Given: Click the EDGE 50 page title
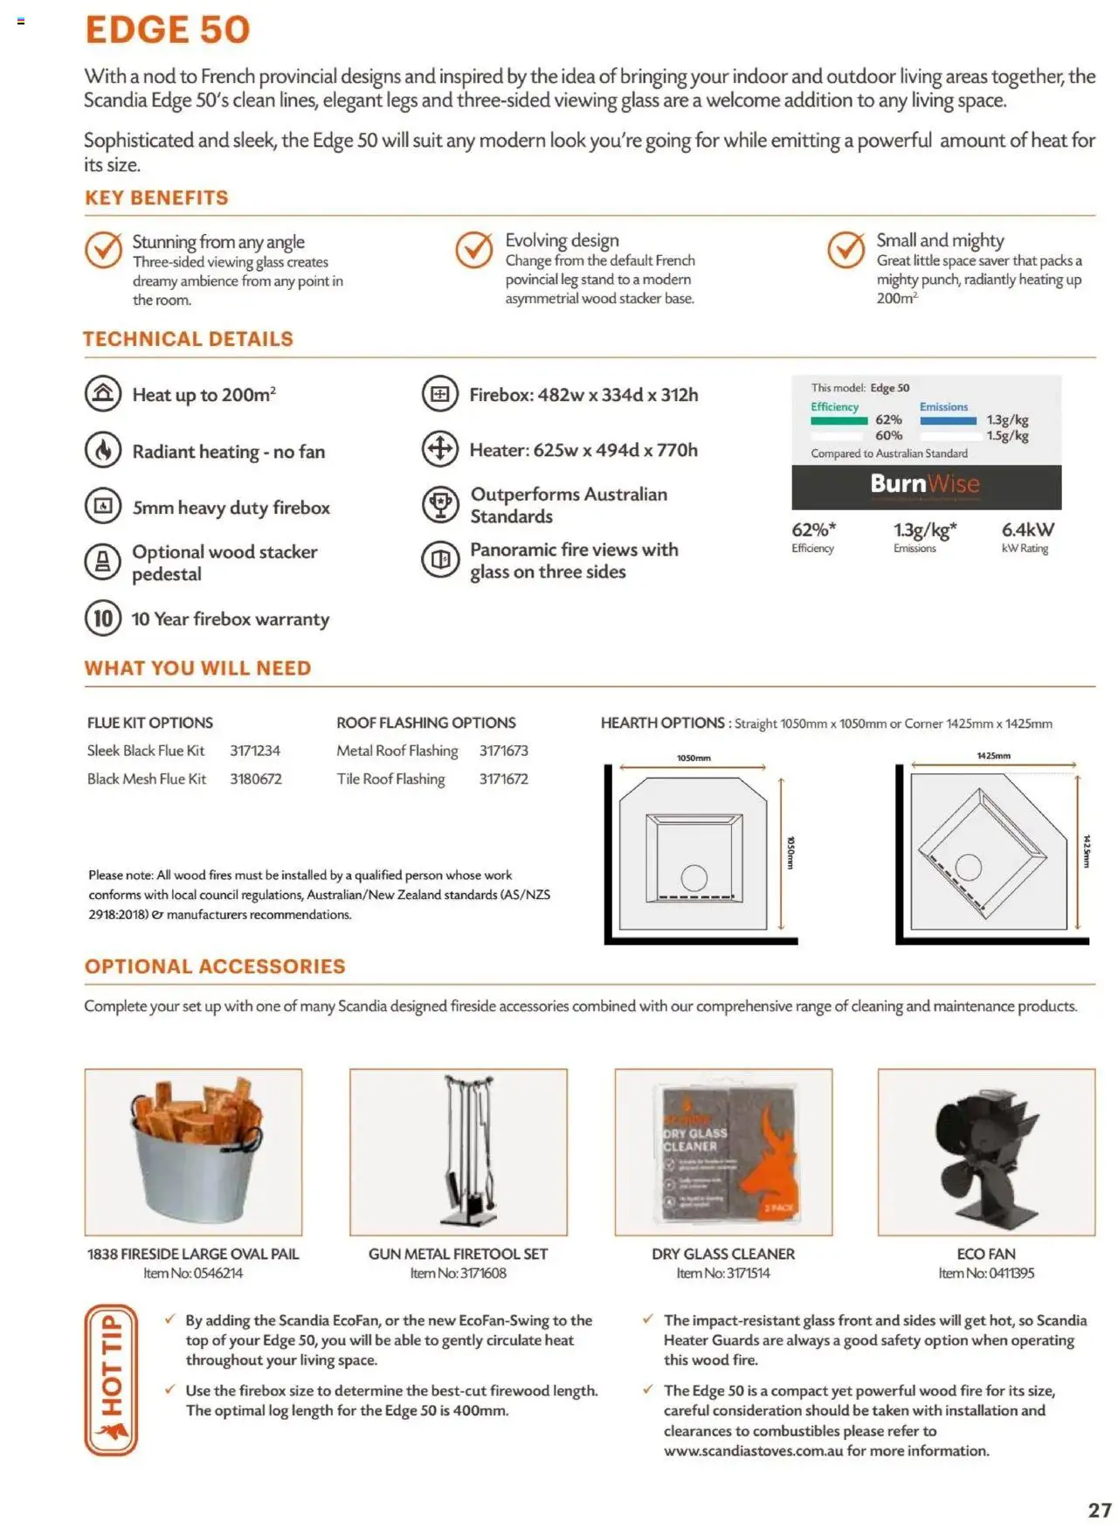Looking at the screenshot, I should click(168, 30).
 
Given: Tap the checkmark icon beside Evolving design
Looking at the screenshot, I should click(474, 250).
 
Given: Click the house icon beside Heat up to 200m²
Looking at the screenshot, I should click(103, 394).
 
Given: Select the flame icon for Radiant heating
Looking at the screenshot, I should click(103, 451).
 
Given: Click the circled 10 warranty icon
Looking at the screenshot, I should click(103, 619).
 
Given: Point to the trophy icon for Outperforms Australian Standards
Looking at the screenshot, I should click(440, 504).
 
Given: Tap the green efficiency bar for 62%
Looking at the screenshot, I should click(838, 420).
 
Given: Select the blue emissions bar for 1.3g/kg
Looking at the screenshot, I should click(948, 420).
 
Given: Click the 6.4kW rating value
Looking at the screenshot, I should click(1027, 529).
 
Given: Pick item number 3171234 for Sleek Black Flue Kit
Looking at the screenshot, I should click(255, 751).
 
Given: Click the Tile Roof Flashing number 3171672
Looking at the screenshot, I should click(503, 778).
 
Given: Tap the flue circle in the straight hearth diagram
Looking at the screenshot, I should click(694, 876).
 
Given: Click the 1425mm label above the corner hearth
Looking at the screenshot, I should click(993, 756).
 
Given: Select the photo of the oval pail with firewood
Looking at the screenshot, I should click(193, 1152).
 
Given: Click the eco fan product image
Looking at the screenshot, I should click(986, 1152).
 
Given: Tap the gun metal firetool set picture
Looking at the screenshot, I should click(459, 1152).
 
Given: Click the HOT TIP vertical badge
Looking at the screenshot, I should click(111, 1380).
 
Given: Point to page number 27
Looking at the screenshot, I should click(1099, 1510).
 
